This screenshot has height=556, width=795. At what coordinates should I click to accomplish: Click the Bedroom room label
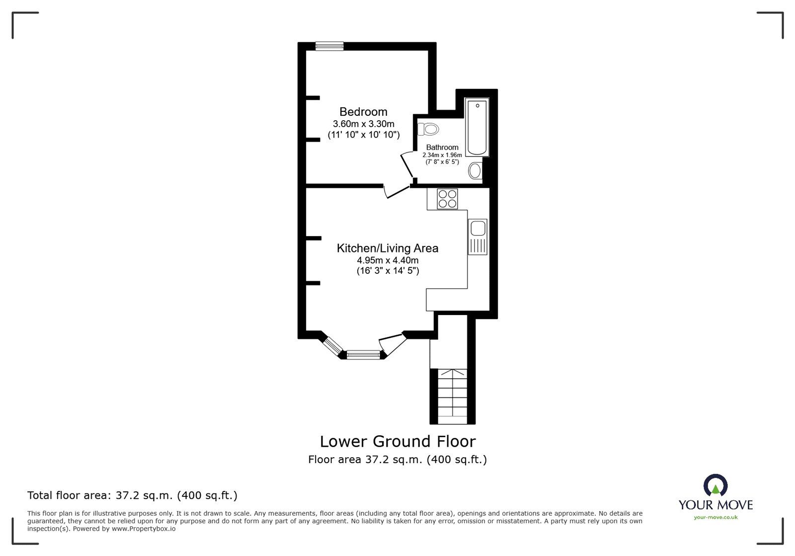tap(363, 112)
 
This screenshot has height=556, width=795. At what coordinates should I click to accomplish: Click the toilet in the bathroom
tap(429, 129)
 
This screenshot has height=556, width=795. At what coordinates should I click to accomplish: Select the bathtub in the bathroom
tap(477, 128)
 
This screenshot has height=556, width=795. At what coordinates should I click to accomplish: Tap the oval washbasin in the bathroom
tap(475, 171)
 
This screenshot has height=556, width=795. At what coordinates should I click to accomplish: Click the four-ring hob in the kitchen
tap(447, 199)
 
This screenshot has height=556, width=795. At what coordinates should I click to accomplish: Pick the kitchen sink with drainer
tap(478, 237)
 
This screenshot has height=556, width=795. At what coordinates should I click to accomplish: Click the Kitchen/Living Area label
tap(388, 248)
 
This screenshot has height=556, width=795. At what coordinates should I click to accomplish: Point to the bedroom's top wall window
tap(329, 46)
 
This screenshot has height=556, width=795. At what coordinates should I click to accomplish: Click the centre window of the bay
tap(363, 354)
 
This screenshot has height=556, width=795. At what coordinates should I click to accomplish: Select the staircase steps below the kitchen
tap(452, 396)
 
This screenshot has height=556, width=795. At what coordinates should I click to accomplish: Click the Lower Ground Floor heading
tap(397, 441)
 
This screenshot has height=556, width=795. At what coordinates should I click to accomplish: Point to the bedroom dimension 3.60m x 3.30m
tap(363, 124)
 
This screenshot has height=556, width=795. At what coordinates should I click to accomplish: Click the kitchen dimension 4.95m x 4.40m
tap(388, 260)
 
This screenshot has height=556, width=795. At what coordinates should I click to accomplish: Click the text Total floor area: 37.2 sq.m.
tap(132, 495)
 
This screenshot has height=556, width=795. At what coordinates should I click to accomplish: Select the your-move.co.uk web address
tap(715, 517)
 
